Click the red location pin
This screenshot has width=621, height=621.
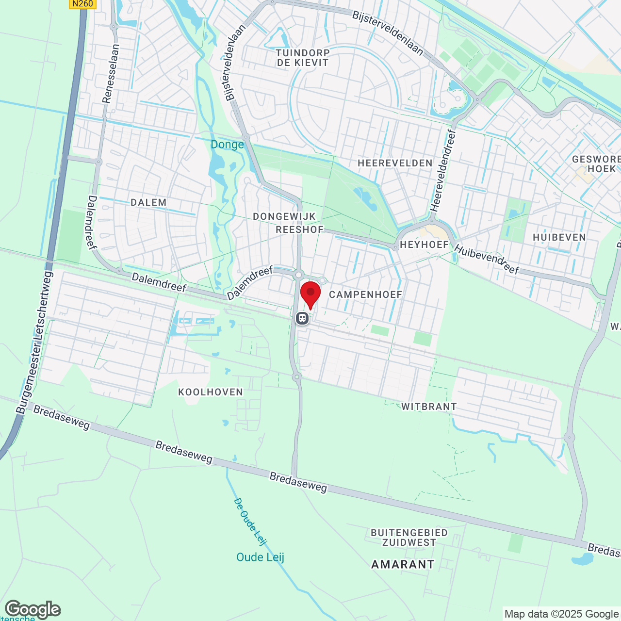(310, 294)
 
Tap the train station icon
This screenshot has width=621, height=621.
(302, 318)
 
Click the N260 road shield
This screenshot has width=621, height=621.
(82, 4)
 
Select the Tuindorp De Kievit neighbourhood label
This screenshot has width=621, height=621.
(303, 58)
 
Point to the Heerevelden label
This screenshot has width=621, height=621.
(395, 163)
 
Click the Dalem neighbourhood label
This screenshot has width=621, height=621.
(148, 202)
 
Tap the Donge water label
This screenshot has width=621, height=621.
(227, 145)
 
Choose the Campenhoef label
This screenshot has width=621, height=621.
(365, 294)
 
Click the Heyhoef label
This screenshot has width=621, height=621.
(425, 245)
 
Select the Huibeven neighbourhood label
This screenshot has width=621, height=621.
(559, 237)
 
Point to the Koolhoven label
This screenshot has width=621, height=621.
(211, 392)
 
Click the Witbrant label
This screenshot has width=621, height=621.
(429, 407)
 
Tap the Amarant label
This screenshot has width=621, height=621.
(403, 564)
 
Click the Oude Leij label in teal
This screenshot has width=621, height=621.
(260, 557)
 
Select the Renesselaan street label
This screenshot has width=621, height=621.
(110, 73)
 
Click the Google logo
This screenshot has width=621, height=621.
(33, 609)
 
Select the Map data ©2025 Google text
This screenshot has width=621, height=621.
(561, 614)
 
